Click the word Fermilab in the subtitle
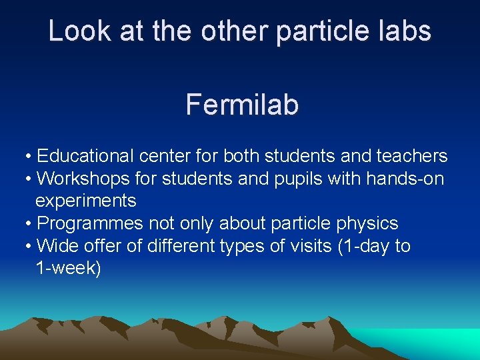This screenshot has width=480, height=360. click(x=242, y=105)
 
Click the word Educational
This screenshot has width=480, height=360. click(x=86, y=156)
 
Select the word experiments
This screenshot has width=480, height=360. click(x=85, y=201)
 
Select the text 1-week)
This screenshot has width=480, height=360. click(x=68, y=269)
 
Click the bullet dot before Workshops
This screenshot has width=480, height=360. click(x=29, y=179)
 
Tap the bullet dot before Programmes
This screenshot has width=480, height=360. click(x=29, y=223)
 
